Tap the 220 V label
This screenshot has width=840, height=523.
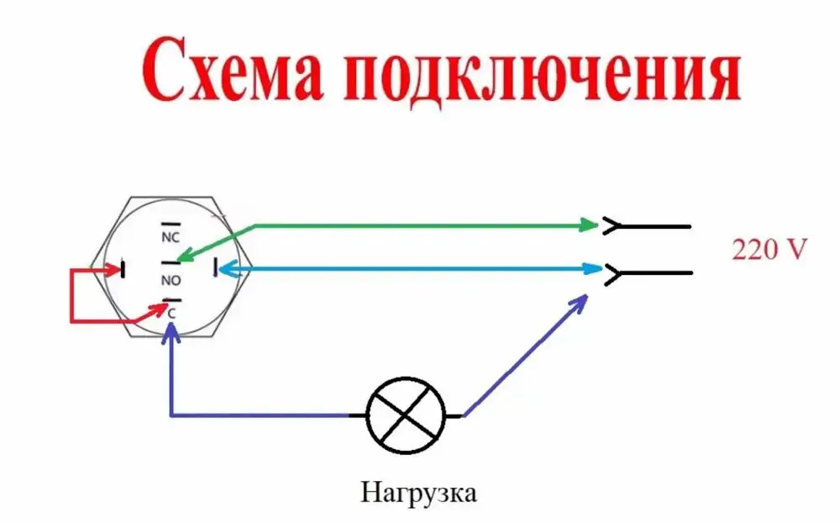point(769,250)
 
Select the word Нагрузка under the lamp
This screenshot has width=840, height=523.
point(419,491)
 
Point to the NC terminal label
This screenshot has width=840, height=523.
point(171,237)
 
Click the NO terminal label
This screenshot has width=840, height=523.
point(171,278)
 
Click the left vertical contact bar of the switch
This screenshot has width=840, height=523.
point(123,270)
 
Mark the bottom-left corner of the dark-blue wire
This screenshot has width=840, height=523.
point(171,415)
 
